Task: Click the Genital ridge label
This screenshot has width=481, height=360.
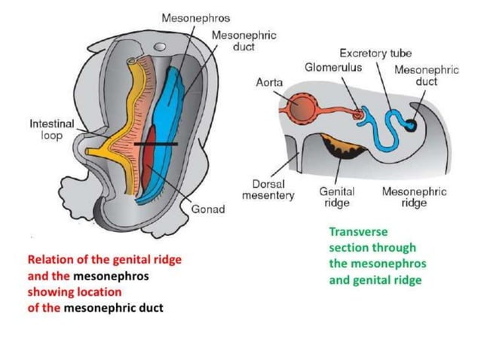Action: click(337, 197)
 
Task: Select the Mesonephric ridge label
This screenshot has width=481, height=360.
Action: click(414, 197)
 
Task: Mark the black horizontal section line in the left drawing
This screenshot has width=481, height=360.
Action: click(156, 143)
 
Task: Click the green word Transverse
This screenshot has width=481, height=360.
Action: click(357, 232)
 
